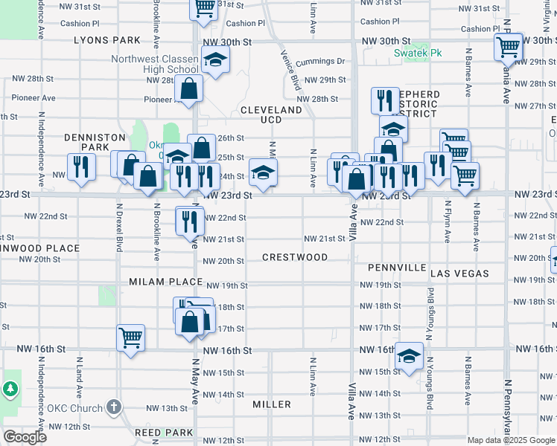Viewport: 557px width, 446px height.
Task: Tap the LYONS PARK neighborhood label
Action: point(107,40)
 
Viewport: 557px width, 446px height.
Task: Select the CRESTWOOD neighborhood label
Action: point(295,257)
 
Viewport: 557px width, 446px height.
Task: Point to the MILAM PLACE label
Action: point(165,282)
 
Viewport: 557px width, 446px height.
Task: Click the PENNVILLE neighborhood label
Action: point(396,268)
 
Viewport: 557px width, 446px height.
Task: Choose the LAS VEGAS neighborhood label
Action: point(460,274)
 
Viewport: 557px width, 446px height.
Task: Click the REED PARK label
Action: point(164,432)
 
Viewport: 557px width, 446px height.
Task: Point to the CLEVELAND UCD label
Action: point(271,114)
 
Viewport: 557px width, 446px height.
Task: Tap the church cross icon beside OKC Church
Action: point(113,407)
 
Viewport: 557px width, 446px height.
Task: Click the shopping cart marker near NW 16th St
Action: point(131,337)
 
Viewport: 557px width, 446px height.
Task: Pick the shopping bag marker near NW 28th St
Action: point(190,88)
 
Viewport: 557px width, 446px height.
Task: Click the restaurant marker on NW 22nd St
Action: point(190,220)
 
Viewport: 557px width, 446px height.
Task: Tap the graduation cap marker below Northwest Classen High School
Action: point(215,59)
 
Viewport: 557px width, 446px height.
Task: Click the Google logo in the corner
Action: point(25,437)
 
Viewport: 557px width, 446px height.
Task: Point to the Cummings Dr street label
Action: point(320,62)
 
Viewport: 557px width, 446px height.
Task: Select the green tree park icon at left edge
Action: point(10,389)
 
